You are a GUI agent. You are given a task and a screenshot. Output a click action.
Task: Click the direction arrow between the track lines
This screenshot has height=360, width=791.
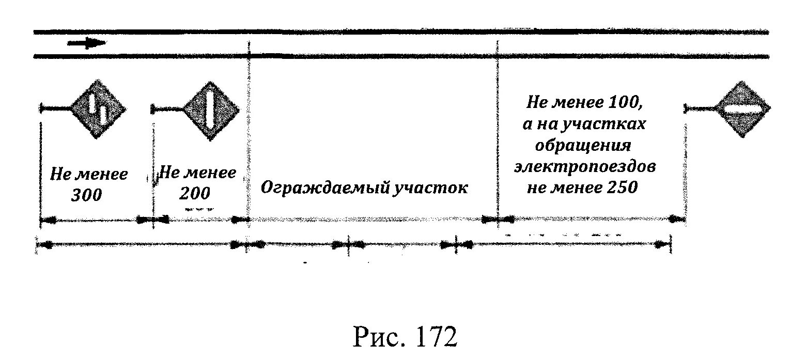86,43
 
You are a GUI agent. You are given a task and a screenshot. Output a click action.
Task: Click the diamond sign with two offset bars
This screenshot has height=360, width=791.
98,109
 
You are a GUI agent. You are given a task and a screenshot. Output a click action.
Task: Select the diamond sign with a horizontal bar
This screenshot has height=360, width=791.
742,108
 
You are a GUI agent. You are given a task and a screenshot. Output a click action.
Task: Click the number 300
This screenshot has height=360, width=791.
86,196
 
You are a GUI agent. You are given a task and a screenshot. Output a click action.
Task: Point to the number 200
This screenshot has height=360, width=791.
195,193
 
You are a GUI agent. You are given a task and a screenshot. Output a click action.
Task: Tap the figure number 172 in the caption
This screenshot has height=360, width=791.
432,337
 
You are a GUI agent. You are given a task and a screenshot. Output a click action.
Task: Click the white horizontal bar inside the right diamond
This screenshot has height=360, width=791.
742,109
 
